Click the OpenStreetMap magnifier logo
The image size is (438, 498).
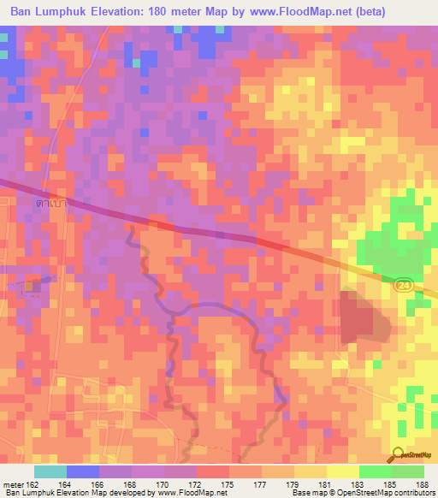click(x=398, y=454)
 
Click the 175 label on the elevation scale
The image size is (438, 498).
click(x=228, y=484)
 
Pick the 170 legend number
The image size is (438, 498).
click(x=163, y=484)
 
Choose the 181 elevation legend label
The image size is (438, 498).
click(x=326, y=484)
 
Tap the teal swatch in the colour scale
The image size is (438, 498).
click(x=50, y=471)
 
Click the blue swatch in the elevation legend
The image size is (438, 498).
click(x=83, y=471)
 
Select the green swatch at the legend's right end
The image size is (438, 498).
click(x=408, y=471)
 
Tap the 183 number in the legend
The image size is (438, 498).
click(x=358, y=484)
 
